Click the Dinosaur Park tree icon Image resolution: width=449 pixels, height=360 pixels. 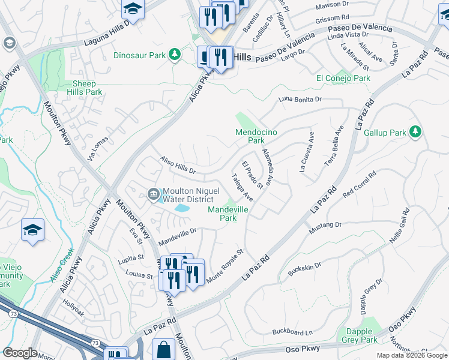click(175, 55)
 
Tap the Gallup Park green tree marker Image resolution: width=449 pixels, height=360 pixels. click(415, 131)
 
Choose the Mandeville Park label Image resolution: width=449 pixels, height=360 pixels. click(228, 214)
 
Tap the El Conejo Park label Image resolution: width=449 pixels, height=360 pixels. click(343, 78)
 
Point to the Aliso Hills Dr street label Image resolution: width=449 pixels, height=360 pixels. click(178, 165)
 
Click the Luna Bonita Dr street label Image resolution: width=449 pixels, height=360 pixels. click(300, 100)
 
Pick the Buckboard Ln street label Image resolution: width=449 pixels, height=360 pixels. click(292, 331)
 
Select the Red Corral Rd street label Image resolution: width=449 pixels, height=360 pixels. click(359, 185)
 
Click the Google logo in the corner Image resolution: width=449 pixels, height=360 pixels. click(20, 353)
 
